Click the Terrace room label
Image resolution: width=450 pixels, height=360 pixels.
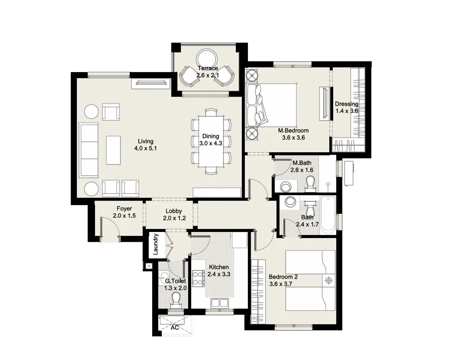tap(207, 68)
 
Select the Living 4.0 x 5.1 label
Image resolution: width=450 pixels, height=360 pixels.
tap(145, 145)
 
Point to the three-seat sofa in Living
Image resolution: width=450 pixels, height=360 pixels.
tap(89, 148)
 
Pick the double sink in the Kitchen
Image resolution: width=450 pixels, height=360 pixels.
tap(219, 303)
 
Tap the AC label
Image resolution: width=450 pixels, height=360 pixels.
tap(175, 328)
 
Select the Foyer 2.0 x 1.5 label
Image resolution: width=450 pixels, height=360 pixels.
tap(124, 212)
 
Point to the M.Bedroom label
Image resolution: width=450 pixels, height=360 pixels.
tap(293, 130)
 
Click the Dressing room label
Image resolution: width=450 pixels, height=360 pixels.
tap(347, 104)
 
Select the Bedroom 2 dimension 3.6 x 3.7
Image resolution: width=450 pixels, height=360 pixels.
tap(280, 284)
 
